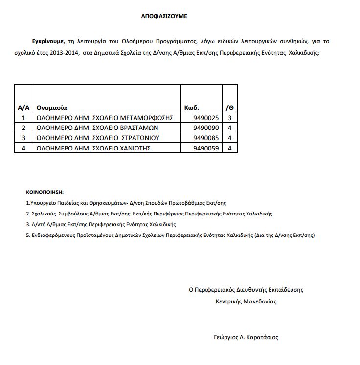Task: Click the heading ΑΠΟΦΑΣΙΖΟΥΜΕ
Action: coord(164,16)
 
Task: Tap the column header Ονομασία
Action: coord(52,107)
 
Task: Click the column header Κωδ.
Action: coord(192,107)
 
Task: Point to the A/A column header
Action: coord(23,107)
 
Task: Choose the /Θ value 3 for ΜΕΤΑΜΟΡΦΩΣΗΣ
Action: coord(229,118)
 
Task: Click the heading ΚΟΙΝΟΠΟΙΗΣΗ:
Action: coord(45,192)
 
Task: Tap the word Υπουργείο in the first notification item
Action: coord(41,202)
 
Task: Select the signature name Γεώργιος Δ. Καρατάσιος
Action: coord(246,337)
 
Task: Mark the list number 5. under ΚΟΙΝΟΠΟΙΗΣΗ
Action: coord(28,235)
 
